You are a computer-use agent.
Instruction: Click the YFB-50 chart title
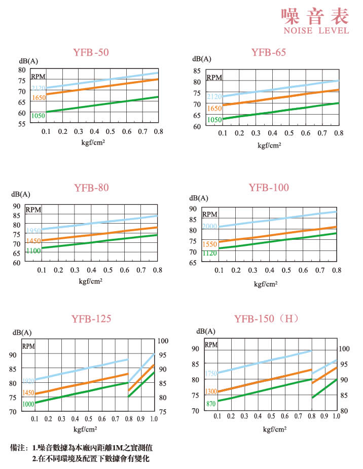click(x=91, y=52)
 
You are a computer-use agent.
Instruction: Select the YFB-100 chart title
click(x=269, y=188)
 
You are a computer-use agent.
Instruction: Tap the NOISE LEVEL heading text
click(x=315, y=30)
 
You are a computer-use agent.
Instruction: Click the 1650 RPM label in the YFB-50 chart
click(x=39, y=97)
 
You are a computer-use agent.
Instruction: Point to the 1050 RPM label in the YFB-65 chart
click(x=214, y=120)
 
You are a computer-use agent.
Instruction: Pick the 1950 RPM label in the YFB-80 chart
click(x=33, y=231)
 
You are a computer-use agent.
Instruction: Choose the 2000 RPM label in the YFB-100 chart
click(x=209, y=226)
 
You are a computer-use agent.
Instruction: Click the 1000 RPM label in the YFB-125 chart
click(x=28, y=404)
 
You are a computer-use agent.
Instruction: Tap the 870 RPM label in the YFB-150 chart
click(x=212, y=404)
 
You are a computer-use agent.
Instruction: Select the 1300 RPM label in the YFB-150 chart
click(x=211, y=391)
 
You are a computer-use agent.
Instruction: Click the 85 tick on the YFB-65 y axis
click(x=197, y=70)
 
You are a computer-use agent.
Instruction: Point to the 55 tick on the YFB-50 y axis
click(x=22, y=123)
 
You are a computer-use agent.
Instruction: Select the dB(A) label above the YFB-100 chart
click(x=198, y=198)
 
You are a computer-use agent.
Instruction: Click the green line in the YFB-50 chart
click(x=101, y=104)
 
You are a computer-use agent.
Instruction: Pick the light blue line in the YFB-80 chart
click(x=101, y=223)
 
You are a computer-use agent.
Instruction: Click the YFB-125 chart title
click(x=91, y=318)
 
